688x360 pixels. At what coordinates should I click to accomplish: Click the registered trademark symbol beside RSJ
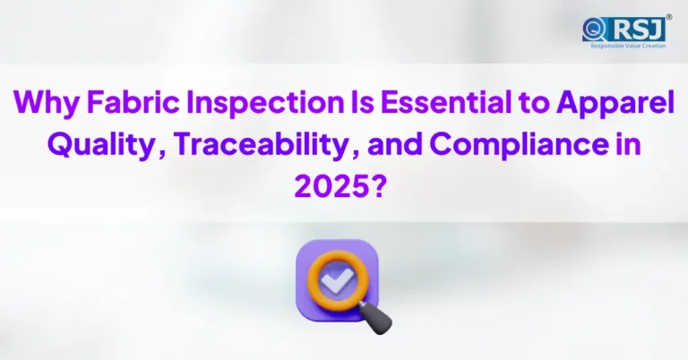pyautogui.click(x=669, y=15)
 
